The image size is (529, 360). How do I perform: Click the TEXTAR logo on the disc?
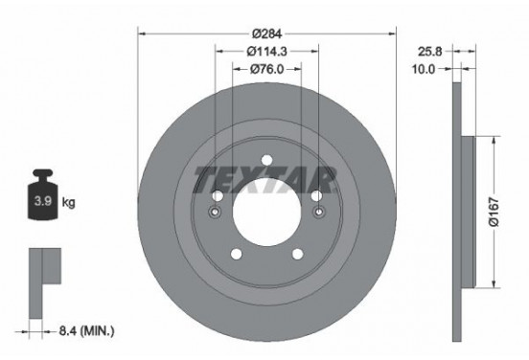click(265, 177)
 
